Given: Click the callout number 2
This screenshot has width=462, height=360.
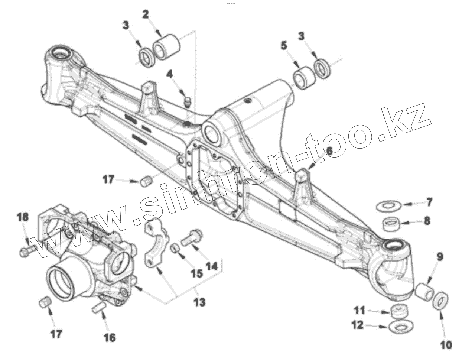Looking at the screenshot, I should (x=146, y=14).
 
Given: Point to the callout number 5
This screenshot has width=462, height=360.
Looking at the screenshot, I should (x=284, y=46).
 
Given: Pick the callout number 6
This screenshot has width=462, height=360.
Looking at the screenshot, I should (x=329, y=151).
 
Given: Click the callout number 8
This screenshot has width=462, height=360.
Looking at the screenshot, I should (x=427, y=221).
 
